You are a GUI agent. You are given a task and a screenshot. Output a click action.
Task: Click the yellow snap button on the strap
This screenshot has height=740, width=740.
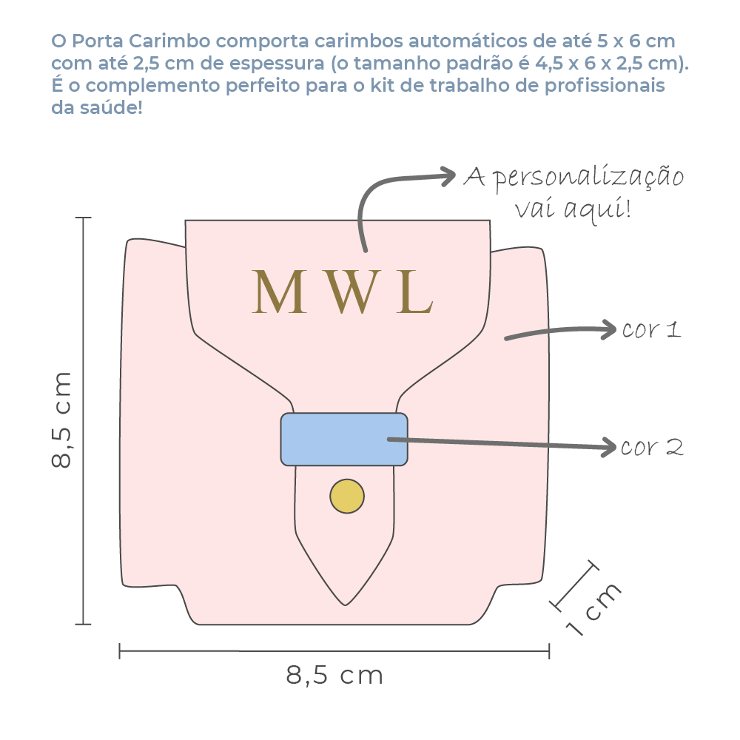coord(347,496)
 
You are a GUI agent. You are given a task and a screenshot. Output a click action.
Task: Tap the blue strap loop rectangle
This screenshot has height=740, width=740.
coord(343,440)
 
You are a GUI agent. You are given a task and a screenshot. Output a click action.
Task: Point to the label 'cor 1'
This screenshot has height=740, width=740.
coord(650,329)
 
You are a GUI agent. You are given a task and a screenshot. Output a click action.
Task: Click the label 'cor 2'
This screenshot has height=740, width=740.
coord(651,447)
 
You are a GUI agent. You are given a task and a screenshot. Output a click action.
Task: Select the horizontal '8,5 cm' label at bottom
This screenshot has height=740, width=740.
coord(334,675)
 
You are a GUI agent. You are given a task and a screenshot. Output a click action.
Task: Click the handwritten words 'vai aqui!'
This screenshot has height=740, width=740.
coord(573,210)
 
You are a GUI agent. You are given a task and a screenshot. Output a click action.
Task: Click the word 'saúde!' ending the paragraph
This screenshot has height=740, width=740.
coord(110,108)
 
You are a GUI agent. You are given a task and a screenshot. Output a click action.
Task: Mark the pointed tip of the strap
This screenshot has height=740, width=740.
coord(345,603)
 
